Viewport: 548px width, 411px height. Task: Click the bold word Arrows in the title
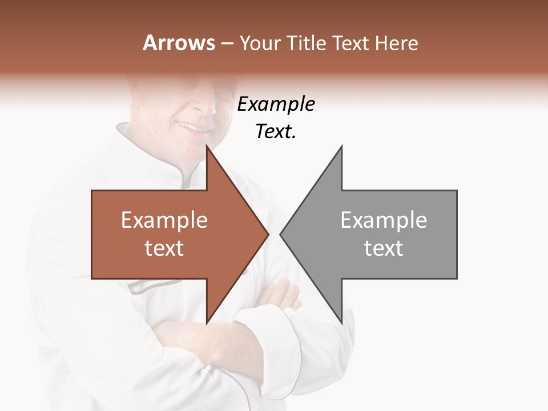pos(179,43)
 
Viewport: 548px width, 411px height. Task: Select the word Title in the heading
pos(307,43)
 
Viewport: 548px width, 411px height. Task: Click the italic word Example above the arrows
pos(276,104)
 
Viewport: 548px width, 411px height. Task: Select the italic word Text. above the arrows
pos(276,132)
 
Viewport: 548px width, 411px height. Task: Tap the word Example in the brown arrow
pos(164,220)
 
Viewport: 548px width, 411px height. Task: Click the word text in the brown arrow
pos(164,248)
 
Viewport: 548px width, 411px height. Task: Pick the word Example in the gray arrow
pos(384,220)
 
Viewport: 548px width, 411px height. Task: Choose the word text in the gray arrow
pos(384,248)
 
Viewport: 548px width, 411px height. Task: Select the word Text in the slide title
pos(349,43)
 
